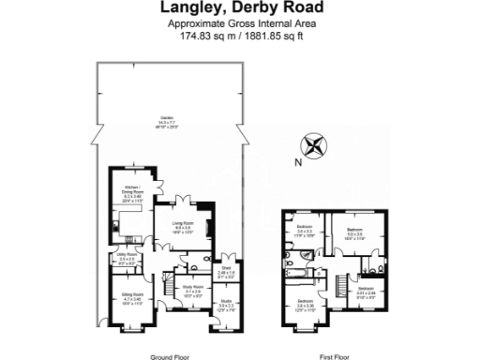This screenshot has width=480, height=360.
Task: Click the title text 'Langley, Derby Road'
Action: (x=240, y=8)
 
